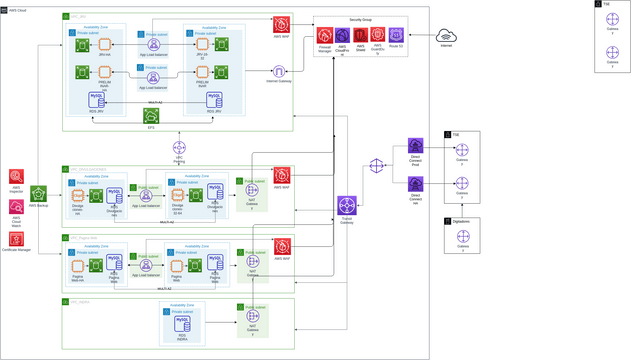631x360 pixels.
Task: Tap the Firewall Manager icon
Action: click(325, 36)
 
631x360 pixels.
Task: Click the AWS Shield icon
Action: click(360, 36)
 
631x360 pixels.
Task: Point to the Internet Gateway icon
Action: click(280, 72)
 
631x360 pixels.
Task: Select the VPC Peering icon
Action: click(178, 150)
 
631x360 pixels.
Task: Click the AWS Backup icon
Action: click(38, 194)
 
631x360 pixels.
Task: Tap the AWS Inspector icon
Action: click(16, 176)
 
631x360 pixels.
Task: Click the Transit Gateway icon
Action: click(347, 207)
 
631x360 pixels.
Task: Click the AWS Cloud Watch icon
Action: click(16, 207)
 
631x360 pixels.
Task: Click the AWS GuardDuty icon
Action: click(378, 36)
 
